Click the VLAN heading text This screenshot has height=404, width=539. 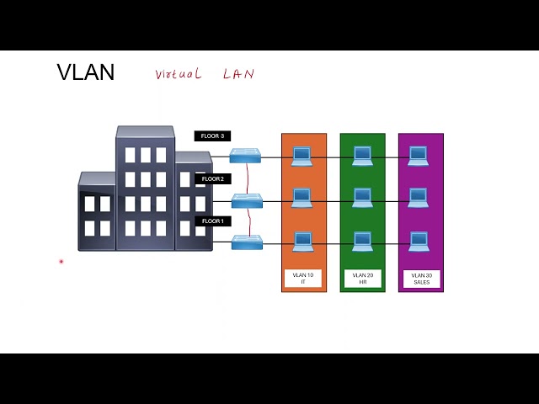click(x=85, y=72)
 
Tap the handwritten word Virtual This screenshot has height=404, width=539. click(x=178, y=74)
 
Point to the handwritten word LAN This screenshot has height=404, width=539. click(x=238, y=74)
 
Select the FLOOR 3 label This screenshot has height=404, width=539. click(x=211, y=136)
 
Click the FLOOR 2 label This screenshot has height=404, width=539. click(x=211, y=179)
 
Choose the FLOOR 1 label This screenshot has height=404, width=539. click(x=211, y=221)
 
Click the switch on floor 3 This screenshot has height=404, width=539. click(x=247, y=156)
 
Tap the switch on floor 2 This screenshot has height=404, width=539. click(x=247, y=200)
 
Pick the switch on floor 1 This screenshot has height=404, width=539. click(x=247, y=242)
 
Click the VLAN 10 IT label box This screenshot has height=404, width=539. click(x=303, y=279)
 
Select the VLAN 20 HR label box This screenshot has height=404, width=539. click(x=362, y=279)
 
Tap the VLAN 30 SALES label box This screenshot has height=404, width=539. click(x=421, y=279)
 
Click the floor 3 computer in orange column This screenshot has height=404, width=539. click(x=302, y=156)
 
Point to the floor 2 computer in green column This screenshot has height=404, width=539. click(x=362, y=198)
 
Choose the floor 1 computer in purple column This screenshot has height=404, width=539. click(x=419, y=242)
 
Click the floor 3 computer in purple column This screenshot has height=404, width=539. click(x=419, y=156)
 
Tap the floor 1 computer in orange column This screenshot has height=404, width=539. click(x=302, y=242)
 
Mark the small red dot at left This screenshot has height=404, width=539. click(x=61, y=262)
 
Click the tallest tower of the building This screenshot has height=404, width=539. click(x=145, y=187)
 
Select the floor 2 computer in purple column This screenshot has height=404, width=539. click(x=419, y=198)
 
